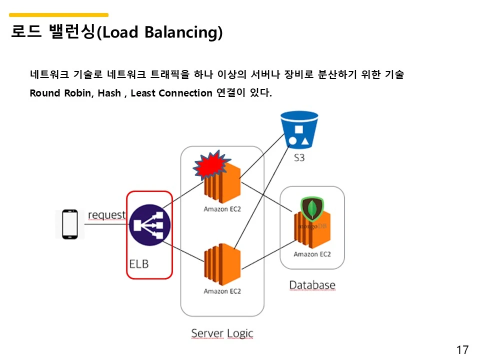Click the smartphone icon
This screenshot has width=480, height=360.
[69, 224]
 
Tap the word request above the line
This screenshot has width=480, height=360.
[106, 215]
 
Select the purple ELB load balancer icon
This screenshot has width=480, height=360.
[149, 225]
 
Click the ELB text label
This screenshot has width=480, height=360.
[139, 263]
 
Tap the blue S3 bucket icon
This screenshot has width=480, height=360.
[299, 129]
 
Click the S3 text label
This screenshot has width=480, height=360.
[299, 158]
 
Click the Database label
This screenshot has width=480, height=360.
[312, 285]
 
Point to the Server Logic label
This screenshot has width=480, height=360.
[222, 333]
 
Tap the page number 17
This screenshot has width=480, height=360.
[462, 349]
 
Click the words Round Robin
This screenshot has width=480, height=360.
[60, 93]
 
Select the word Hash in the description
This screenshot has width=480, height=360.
[109, 93]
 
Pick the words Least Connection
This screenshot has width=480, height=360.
[171, 93]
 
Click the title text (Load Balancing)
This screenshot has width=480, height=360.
[159, 33]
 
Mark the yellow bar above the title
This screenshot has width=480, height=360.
[58, 15]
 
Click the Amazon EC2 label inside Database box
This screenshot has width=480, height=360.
[312, 254]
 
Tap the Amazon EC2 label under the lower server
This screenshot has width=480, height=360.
[222, 291]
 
